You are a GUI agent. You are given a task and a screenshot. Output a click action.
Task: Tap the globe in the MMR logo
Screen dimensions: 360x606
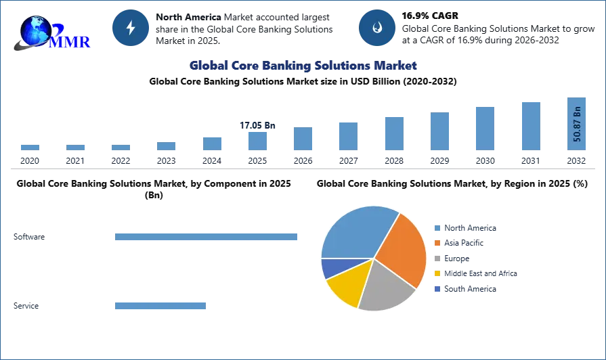pos(35,30)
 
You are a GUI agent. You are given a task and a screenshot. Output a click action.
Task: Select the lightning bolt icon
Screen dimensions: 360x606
pos(131,28)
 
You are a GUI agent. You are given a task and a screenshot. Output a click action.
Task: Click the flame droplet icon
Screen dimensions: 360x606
pos(376,28)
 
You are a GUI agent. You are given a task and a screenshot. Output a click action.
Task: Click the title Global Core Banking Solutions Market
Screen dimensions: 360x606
pos(303,66)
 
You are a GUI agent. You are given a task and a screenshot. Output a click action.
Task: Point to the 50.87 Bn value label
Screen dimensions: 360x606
pos(577,124)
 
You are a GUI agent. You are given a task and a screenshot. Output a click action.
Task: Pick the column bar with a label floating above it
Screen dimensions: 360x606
pos(257,141)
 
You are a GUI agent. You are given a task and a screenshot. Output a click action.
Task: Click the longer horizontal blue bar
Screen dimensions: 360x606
pos(206,238)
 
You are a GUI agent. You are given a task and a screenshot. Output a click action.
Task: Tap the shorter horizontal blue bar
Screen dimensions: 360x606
pos(160,306)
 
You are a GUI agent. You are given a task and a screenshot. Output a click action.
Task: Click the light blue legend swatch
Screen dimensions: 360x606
pos(438,228)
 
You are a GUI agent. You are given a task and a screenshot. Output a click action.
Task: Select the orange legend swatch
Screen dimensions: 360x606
pos(438,244)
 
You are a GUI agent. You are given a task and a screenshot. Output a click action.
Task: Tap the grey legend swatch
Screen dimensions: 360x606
pos(438,259)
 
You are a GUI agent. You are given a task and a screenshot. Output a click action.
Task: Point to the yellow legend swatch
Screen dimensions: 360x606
pos(438,273)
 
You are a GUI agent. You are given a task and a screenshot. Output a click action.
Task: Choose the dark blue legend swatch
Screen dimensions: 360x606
pos(438,288)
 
